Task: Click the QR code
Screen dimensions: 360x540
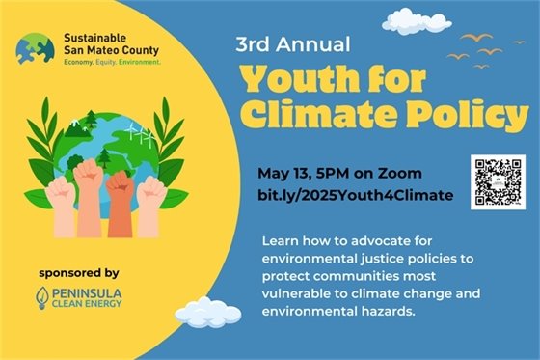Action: tap(497, 181)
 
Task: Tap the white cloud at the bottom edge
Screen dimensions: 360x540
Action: tap(208, 315)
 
